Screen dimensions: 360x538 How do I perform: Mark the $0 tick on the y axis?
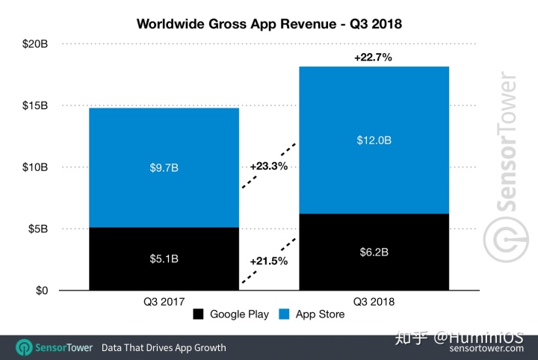pos(41,290)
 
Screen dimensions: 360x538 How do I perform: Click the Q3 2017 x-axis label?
pos(164,301)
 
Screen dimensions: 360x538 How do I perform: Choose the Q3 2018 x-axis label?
pos(374,301)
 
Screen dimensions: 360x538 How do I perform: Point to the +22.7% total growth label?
pos(374,57)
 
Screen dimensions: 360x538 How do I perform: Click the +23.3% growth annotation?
pos(269,166)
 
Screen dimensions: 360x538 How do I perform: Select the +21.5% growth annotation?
pos(269,262)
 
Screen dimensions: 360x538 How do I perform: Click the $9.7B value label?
pos(164,167)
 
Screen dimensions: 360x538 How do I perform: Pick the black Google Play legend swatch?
pos(198,314)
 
